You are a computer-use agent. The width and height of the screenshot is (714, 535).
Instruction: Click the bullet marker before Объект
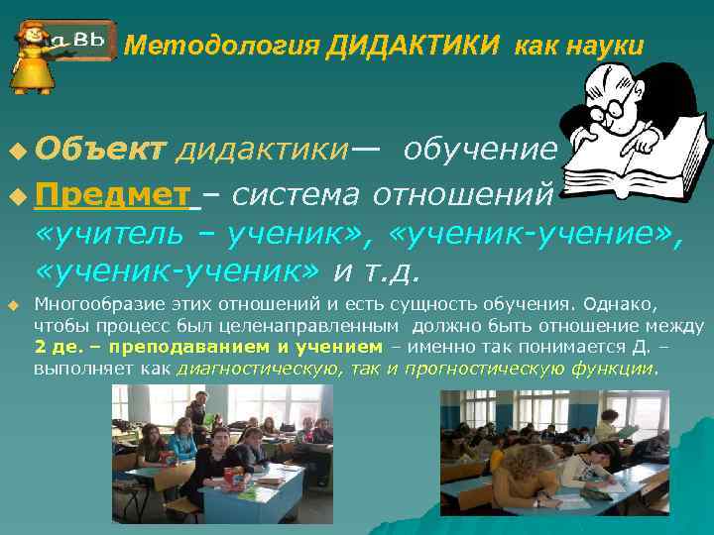pos(13,150)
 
